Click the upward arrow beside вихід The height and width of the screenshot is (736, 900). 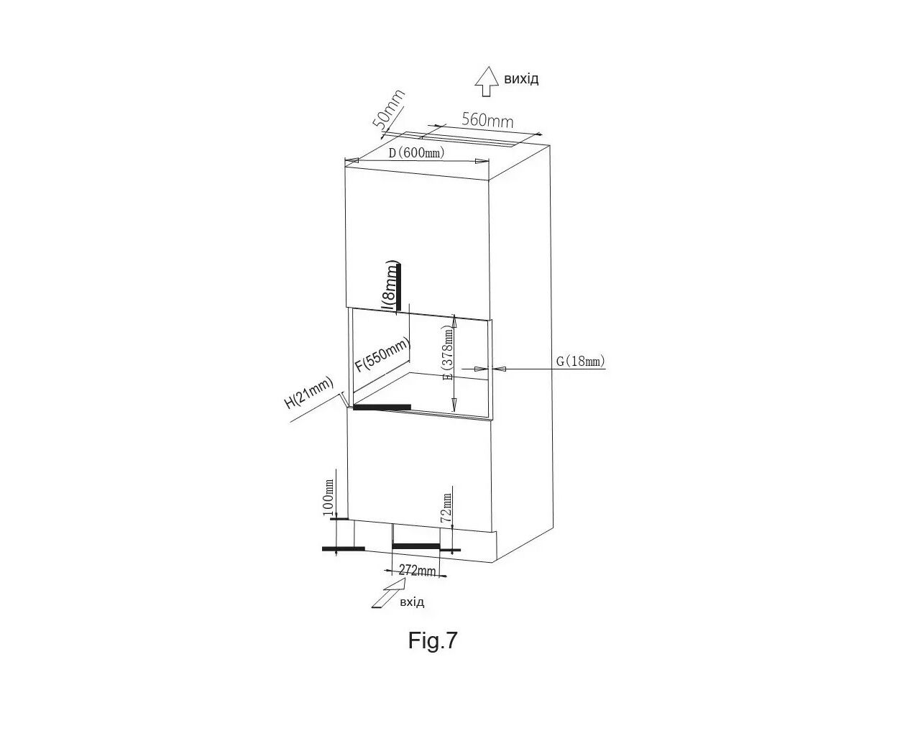(487, 81)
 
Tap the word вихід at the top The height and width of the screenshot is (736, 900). (521, 79)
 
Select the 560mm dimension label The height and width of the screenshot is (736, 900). (487, 120)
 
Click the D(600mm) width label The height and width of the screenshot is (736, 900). (416, 152)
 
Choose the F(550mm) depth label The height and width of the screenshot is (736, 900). (383, 354)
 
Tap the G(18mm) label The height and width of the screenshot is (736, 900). (580, 362)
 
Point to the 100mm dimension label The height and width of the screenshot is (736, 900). (329, 497)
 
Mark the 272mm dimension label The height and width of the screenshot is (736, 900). (417, 570)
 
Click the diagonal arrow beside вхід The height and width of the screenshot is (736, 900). (387, 594)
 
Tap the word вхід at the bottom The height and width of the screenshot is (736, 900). (412, 602)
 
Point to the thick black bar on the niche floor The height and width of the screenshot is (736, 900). (382, 407)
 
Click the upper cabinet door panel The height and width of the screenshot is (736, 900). (416, 239)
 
